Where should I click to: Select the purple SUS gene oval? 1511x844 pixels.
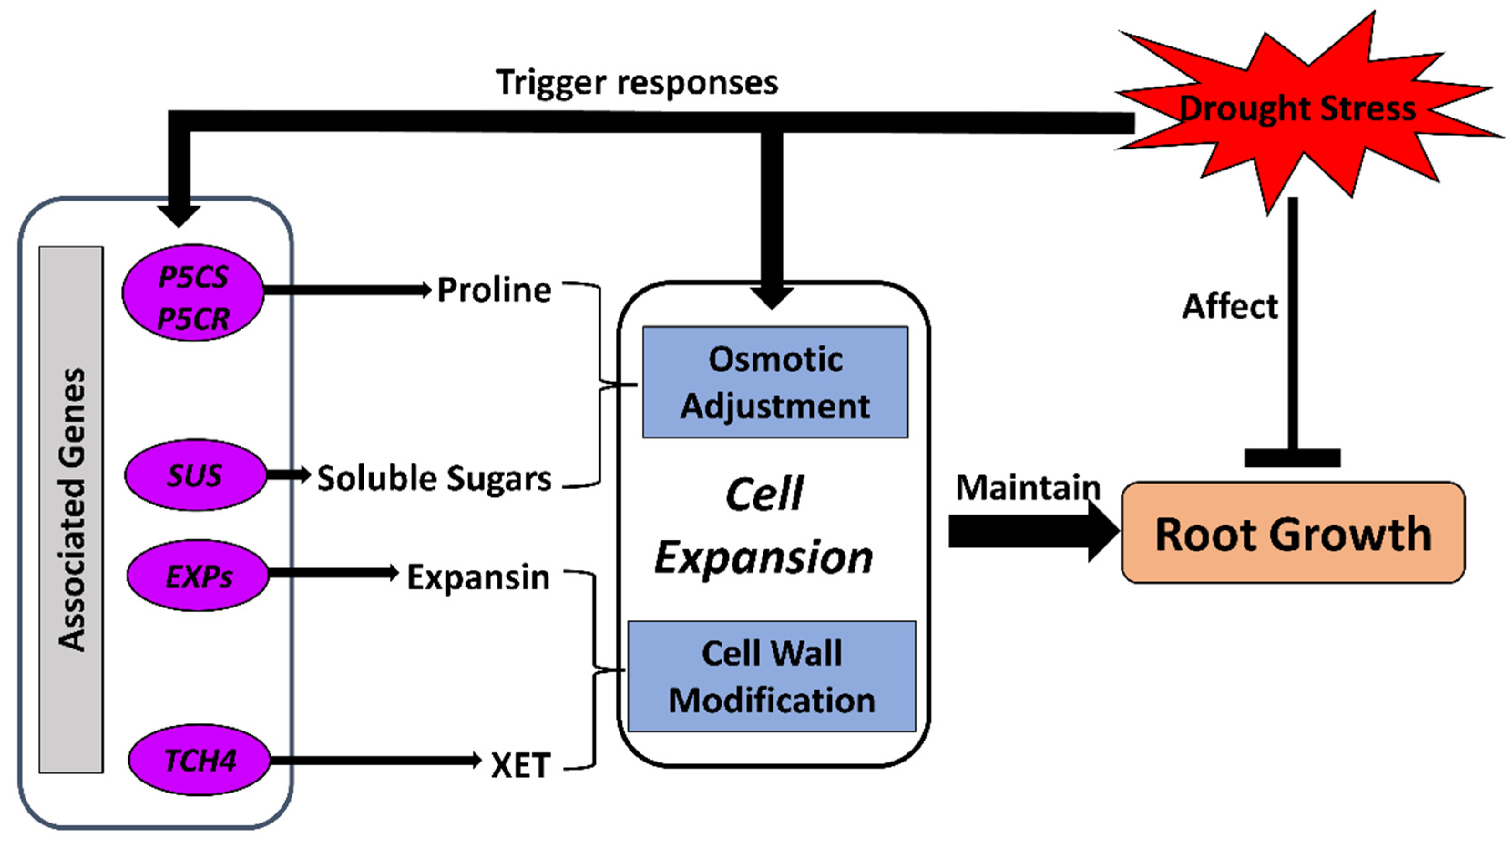click(x=195, y=474)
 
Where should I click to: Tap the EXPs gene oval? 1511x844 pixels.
click(x=198, y=576)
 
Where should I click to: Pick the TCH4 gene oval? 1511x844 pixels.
click(x=200, y=760)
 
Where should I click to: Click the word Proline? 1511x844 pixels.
click(x=494, y=290)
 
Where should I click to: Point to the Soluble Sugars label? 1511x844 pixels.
click(x=434, y=479)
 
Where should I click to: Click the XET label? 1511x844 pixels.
click(x=521, y=765)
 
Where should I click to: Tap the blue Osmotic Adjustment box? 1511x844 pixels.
click(x=775, y=382)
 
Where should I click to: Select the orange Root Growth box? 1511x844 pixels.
click(x=1293, y=533)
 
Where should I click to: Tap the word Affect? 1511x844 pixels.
click(x=1230, y=306)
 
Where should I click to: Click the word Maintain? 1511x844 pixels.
click(x=1028, y=488)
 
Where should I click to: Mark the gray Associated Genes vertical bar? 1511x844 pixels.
click(x=72, y=509)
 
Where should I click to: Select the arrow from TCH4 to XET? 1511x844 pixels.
click(x=375, y=760)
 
